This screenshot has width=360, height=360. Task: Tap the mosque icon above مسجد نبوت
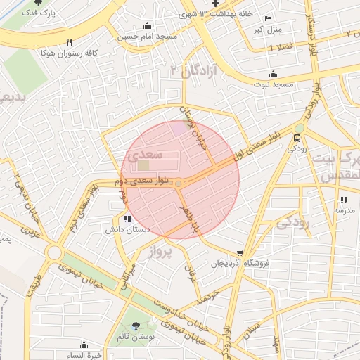[273, 75]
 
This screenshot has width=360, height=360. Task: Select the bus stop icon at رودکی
[298, 138]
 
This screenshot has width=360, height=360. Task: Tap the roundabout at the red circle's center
[180, 184]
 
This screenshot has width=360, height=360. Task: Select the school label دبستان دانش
[120, 229]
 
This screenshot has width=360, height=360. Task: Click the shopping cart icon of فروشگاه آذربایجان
[240, 253]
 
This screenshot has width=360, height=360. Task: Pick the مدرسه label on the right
[344, 210]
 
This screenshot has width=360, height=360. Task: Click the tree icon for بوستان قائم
[136, 325]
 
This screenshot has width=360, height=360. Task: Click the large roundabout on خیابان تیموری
[54, 252]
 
